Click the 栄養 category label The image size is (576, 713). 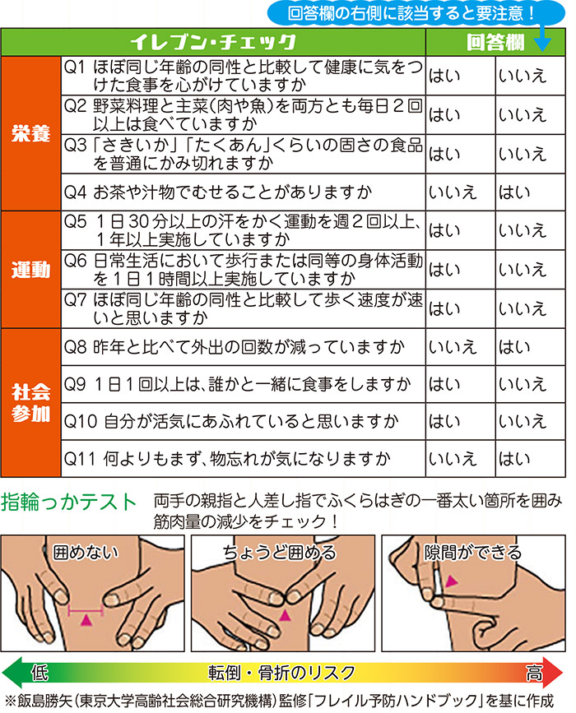click(30, 133)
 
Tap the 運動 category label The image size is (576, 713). click(30, 270)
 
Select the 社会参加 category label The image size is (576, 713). click(30, 403)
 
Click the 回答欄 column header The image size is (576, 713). click(495, 43)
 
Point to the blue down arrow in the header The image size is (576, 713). click(542, 39)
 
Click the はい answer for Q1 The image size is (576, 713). click(444, 76)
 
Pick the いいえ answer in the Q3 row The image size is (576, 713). click(523, 154)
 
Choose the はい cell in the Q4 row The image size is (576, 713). click(514, 192)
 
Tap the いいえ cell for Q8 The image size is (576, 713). click(453, 347)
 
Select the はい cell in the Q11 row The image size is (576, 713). click(514, 459)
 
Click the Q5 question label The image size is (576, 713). click(75, 221)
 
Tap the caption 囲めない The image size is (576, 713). click(86, 552)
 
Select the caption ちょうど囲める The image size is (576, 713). click(279, 552)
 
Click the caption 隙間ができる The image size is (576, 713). click(472, 552)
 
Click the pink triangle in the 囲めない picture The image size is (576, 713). click(86, 619)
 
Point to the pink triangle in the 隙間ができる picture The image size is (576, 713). click(450, 581)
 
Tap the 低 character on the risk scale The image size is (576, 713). click(39, 673)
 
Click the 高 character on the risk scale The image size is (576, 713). click(534, 673)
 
